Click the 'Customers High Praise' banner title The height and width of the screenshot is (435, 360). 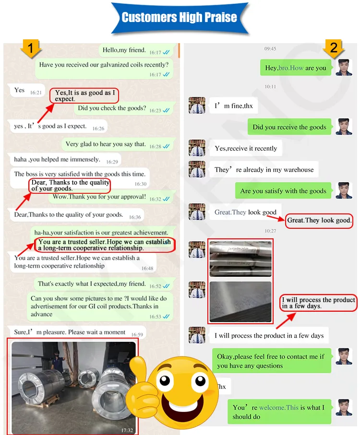click(180, 17)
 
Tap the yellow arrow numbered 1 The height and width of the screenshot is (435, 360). click(31, 48)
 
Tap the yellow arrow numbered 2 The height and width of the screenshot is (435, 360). click(333, 48)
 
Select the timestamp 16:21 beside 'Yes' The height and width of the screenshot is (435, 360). click(36, 93)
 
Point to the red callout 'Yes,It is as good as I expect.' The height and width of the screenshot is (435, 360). click(84, 96)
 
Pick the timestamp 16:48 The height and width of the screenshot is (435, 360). click(147, 268)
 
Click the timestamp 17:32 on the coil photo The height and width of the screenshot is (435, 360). click(127, 430)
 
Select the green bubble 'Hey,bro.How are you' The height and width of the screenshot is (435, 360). click(296, 68)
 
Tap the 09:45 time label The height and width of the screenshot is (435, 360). click(270, 49)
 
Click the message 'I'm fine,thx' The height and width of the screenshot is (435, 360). click(233, 106)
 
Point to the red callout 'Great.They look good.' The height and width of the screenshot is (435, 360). click(319, 221)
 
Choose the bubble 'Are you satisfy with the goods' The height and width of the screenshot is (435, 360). click(283, 190)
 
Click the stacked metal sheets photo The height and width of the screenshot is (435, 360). click(240, 259)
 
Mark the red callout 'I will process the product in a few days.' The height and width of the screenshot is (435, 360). click(318, 303)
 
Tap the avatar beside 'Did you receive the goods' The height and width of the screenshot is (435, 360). click(344, 127)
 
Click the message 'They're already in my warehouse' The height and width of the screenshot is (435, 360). click(264, 169)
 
